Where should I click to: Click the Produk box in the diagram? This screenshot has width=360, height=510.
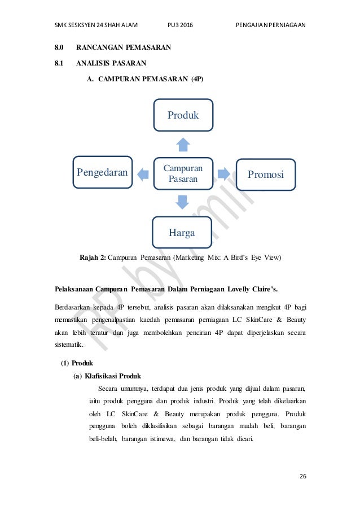(183, 115)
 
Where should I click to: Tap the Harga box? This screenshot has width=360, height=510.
(182, 232)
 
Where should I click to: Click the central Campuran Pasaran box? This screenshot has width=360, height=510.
(183, 173)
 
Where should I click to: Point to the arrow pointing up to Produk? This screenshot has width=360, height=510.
(183, 145)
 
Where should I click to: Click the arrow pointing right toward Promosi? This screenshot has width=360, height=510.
(223, 173)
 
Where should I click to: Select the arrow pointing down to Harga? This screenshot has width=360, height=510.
(182, 202)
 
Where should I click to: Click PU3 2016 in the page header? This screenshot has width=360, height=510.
(179, 25)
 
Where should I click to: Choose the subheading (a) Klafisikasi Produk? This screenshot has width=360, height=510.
(107, 376)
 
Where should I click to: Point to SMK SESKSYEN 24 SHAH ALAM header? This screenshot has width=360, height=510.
(96, 25)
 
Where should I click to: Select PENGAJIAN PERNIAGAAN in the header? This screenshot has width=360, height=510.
(270, 25)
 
